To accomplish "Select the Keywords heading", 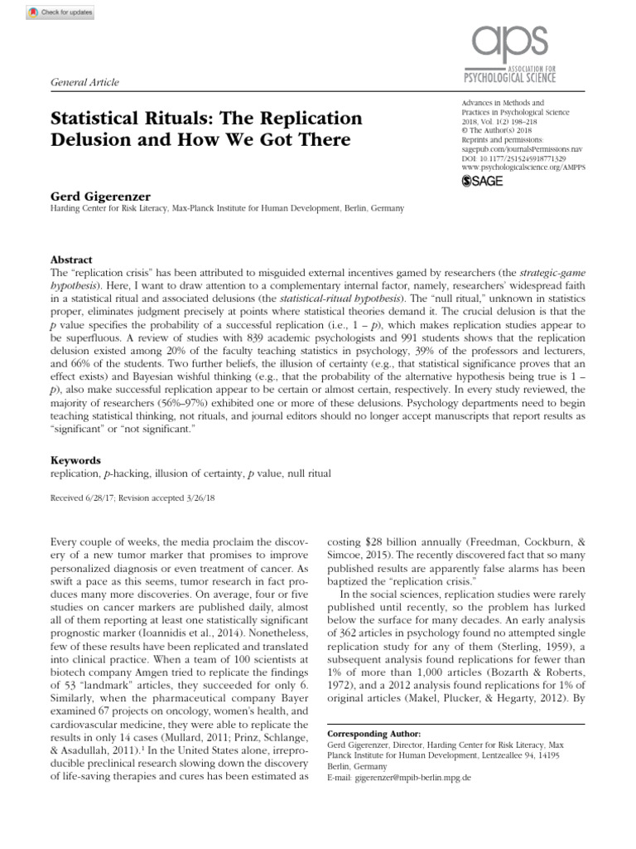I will tap(75, 460).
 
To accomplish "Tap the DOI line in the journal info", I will tap(502, 157).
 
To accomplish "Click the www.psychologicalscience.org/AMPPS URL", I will tap(520, 166).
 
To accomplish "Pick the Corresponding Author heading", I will tap(374, 735).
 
